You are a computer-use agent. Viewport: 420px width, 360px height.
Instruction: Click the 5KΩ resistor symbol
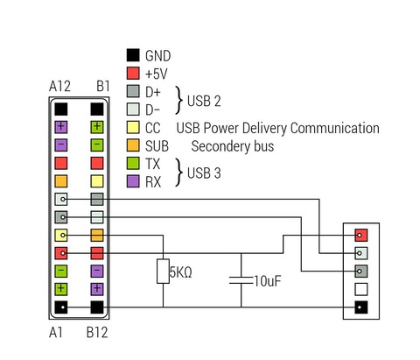(163, 272)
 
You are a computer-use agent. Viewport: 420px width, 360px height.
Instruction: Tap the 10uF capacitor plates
(241, 280)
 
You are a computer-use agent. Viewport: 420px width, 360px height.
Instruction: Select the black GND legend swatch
(133, 55)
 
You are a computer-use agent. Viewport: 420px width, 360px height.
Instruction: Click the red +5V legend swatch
(133, 73)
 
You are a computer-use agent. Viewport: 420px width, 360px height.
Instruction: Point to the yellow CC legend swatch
(133, 127)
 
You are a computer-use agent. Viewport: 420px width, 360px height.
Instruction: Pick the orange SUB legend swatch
(133, 145)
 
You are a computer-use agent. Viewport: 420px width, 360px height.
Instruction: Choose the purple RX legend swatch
(133, 181)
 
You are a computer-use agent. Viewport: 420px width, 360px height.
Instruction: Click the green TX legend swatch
(133, 163)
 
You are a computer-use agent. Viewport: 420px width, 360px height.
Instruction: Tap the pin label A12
(59, 87)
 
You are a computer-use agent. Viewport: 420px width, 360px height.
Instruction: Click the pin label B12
(97, 333)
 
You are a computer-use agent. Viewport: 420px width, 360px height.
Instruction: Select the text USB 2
(204, 101)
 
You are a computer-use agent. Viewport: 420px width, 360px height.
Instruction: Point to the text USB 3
(204, 173)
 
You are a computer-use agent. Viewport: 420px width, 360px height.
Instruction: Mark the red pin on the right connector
(361, 236)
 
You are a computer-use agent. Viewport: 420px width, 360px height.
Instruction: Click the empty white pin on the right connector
(361, 289)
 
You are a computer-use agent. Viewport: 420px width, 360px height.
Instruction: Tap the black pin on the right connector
(361, 307)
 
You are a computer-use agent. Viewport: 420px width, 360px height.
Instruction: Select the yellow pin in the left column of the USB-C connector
(61, 236)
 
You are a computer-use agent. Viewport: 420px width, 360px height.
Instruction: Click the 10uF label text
(268, 281)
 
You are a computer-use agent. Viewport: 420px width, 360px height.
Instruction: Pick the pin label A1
(56, 333)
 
